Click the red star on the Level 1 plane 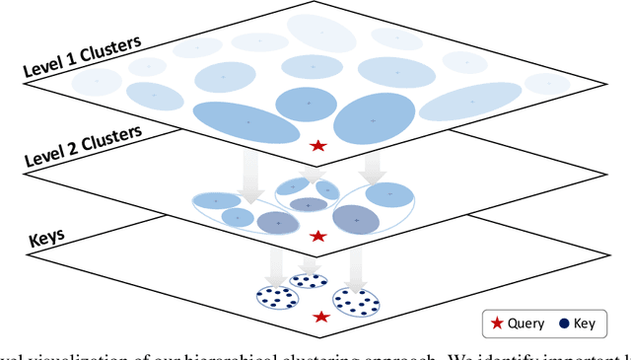317,146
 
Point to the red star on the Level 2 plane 317,237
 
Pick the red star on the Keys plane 321,317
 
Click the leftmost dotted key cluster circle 276,297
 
